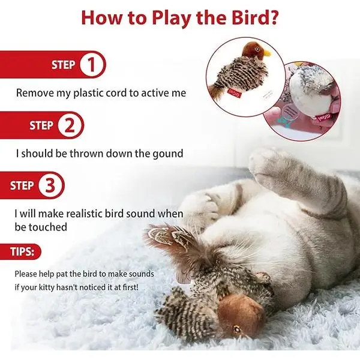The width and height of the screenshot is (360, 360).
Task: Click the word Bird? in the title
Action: [x=254, y=18]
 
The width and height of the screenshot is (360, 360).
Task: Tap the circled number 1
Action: [x=91, y=65]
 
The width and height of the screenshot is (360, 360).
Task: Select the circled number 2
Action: [x=70, y=125]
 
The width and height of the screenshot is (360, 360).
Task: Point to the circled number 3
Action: [x=50, y=185]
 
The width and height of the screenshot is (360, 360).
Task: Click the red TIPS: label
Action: [x=22, y=251]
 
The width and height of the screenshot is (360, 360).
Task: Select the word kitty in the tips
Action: [x=47, y=287]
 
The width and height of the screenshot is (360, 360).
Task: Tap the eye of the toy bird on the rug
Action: [x=237, y=329]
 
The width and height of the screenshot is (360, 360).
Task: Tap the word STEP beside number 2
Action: [x=41, y=125]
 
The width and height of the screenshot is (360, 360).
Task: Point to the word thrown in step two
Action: [x=86, y=154]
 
